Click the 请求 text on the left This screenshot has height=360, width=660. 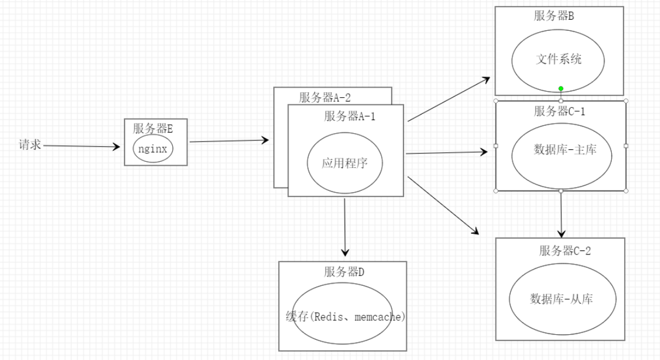coord(30,145)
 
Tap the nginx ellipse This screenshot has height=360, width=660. coord(153,149)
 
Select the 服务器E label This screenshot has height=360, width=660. coord(153,128)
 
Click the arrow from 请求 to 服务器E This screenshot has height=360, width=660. coord(82,147)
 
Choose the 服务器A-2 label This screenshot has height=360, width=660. coord(328,97)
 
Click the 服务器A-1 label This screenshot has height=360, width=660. coord(350,116)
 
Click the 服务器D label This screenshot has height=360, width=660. coord(344,272)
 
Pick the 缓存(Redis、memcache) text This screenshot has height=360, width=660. coord(345,317)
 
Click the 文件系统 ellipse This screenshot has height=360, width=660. coord(558,60)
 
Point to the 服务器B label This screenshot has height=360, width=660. coord(554,16)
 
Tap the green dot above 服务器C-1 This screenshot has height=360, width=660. coord(561,89)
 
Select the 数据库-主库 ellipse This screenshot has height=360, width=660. coord(561,150)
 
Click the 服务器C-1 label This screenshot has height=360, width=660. coord(560,111)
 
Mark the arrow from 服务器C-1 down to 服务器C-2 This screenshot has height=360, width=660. coord(561,214)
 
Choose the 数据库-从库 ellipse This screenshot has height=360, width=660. coord(562,298)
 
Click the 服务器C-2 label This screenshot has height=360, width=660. coord(565,250)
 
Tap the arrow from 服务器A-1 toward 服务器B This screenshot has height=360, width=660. coord(449,99)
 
